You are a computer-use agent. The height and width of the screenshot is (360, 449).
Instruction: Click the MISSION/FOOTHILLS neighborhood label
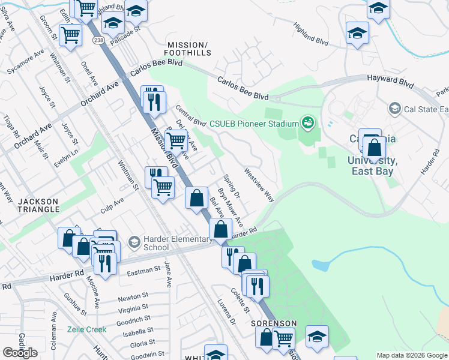coord(189,49)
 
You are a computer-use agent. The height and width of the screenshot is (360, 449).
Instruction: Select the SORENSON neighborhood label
coord(274,323)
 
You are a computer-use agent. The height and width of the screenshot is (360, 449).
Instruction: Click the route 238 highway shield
coord(98,40)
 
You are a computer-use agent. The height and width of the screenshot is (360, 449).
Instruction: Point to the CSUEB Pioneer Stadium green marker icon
coord(308,123)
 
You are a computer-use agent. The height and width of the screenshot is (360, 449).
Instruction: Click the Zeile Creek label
coord(87,329)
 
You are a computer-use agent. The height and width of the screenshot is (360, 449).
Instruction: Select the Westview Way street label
coord(259,185)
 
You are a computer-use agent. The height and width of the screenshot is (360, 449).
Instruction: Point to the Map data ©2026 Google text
coord(411,355)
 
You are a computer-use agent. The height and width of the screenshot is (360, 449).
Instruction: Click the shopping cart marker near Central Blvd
coord(175,140)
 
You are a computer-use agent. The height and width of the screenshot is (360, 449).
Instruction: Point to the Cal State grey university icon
coord(394,109)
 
